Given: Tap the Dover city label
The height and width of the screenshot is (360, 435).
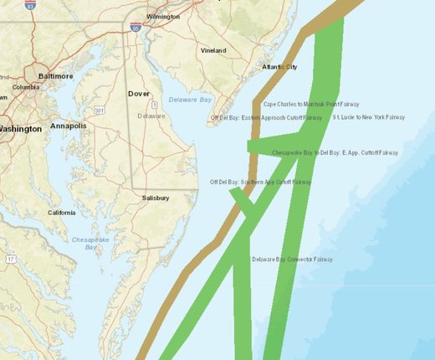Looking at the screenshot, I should (x=139, y=94).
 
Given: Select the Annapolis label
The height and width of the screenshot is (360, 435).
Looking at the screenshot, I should (x=68, y=126).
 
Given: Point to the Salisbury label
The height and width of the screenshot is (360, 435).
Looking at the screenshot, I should (x=155, y=198).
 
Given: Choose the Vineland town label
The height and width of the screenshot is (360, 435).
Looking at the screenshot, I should (x=212, y=50).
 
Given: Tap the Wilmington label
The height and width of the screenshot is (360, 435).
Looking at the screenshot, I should (x=162, y=17).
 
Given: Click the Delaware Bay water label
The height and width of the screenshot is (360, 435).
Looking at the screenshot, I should (x=189, y=100).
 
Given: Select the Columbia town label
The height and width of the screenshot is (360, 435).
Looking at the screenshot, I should (x=26, y=87).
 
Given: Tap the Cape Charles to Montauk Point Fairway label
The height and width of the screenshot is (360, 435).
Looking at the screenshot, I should (x=303, y=105).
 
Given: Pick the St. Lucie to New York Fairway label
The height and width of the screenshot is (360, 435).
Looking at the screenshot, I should (x=368, y=118).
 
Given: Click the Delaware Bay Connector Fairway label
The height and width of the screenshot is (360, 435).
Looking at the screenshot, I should (x=292, y=260).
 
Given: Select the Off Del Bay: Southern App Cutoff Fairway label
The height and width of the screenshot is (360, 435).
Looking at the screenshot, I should (x=260, y=182).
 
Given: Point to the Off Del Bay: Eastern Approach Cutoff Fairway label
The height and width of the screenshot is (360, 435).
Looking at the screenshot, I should (x=266, y=118).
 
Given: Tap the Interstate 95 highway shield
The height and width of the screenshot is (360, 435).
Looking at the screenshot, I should (x=135, y=28).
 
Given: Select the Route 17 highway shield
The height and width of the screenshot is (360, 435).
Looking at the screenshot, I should (x=10, y=260).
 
